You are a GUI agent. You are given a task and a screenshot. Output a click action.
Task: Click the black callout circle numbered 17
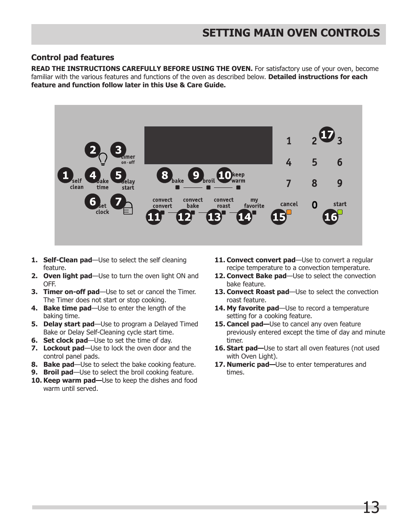327,135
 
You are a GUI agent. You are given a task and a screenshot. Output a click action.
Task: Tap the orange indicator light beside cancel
289,212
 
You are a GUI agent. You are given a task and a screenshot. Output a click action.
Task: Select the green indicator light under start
340,212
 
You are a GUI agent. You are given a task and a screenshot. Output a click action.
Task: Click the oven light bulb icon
103,160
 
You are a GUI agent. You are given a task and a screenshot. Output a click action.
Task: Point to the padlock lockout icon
128,209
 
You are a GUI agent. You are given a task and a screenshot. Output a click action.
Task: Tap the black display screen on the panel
208,145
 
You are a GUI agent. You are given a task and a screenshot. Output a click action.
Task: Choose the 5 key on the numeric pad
315,163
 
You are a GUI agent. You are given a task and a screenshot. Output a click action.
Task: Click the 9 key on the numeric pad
340,184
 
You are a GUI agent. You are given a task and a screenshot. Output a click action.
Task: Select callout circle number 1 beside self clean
65,175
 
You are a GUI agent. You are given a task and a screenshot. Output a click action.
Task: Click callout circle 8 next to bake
164,175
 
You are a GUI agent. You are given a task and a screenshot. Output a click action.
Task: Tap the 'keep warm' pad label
238,178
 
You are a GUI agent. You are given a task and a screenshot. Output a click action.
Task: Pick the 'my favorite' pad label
254,203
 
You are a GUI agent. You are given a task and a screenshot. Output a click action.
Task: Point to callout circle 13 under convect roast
214,217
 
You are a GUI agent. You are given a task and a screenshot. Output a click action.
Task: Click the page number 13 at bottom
371,508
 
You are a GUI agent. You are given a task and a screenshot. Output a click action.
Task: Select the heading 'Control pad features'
73,58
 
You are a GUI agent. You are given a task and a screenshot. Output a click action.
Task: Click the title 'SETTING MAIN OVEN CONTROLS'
291,33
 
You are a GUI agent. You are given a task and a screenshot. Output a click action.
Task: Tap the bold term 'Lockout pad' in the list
64,348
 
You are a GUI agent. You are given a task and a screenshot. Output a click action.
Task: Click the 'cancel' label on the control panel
289,204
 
